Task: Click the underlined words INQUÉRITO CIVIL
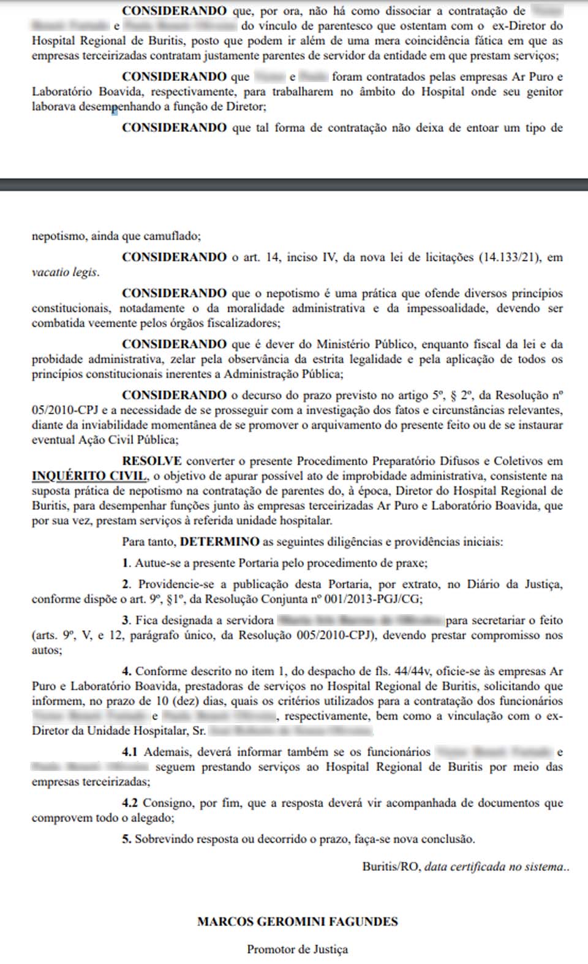[x=89, y=476]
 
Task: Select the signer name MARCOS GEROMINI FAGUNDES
[x=297, y=921]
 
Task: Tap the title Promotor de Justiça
[x=297, y=949]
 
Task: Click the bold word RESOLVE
[x=151, y=461]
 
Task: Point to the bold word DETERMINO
[x=219, y=542]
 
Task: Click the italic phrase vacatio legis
[x=64, y=273]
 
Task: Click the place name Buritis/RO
[x=391, y=867]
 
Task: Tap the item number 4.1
[x=129, y=752]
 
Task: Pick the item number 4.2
[x=129, y=803]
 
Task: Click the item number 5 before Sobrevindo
[x=127, y=839]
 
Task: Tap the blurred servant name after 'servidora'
[x=361, y=620]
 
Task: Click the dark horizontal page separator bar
[x=294, y=184]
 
